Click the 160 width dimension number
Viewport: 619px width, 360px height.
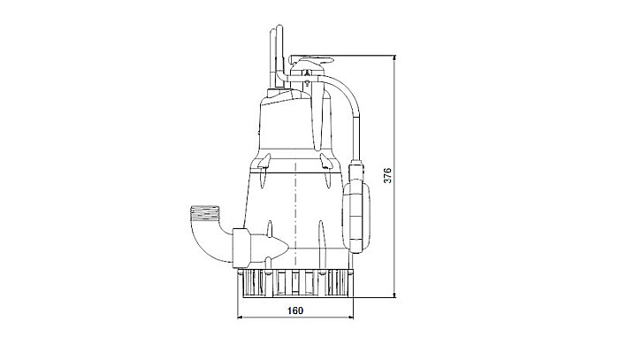click(x=295, y=310)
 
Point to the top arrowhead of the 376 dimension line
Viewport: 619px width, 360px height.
click(x=395, y=55)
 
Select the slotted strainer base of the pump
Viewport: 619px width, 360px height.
click(x=296, y=282)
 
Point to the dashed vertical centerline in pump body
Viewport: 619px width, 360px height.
click(x=293, y=212)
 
